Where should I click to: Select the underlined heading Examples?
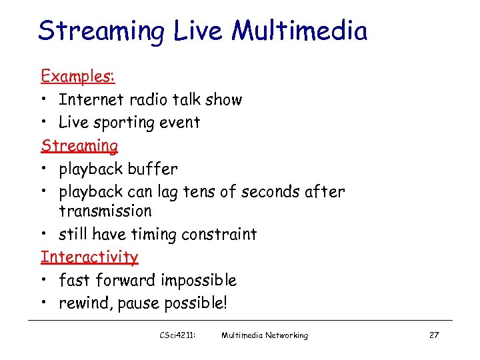coord(78,77)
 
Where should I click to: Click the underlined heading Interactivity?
coord(89,257)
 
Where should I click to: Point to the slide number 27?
coord(433,335)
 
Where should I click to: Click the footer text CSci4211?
coord(178,335)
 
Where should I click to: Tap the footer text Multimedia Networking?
coord(265,335)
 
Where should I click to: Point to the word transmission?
coord(105,211)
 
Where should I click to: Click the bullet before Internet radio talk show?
coord(45,100)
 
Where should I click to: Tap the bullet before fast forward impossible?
coord(45,280)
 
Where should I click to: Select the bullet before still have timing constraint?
coord(45,235)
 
